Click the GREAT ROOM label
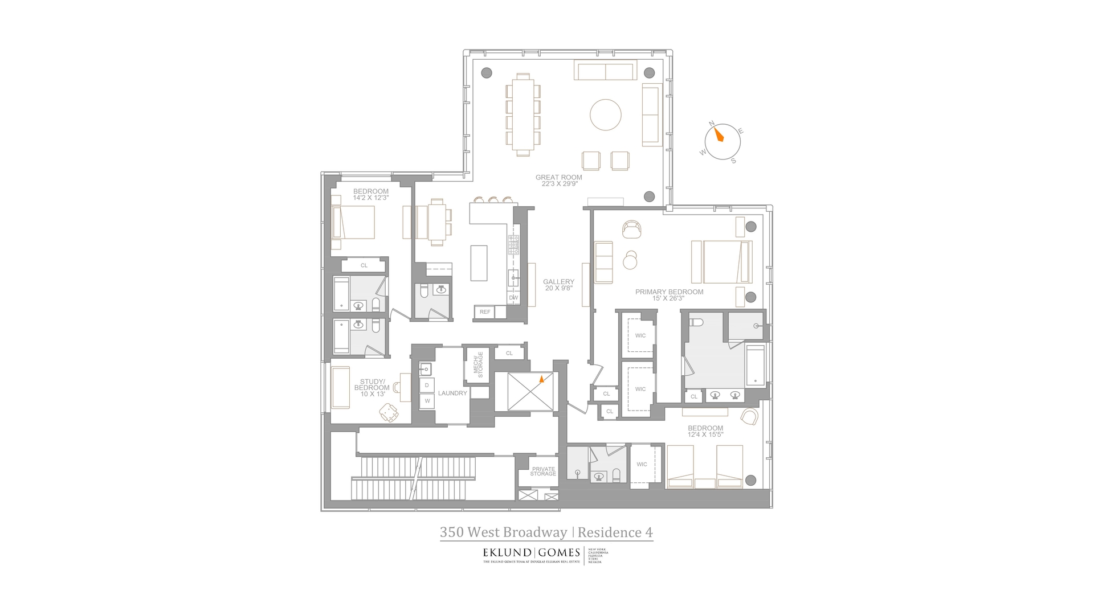pyautogui.click(x=558, y=177)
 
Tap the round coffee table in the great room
pyautogui.click(x=605, y=114)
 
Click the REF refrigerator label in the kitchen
pyautogui.click(x=485, y=312)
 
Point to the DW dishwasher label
pyautogui.click(x=513, y=297)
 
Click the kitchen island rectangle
pyautogui.click(x=479, y=263)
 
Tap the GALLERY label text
pyautogui.click(x=558, y=282)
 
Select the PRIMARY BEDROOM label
pyautogui.click(x=669, y=292)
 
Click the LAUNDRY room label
pyautogui.click(x=452, y=393)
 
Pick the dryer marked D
pyautogui.click(x=427, y=386)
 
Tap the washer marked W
pyautogui.click(x=427, y=401)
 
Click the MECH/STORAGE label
pyautogui.click(x=478, y=364)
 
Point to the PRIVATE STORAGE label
pyautogui.click(x=543, y=471)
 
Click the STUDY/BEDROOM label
pyautogui.click(x=372, y=385)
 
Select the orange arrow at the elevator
pyautogui.click(x=541, y=378)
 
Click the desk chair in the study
pyautogui.click(x=389, y=412)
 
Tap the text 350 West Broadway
pyautogui.click(x=503, y=532)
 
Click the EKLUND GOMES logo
pyautogui.click(x=531, y=552)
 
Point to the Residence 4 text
pyautogui.click(x=615, y=532)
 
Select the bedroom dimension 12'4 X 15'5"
pyautogui.click(x=705, y=434)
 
